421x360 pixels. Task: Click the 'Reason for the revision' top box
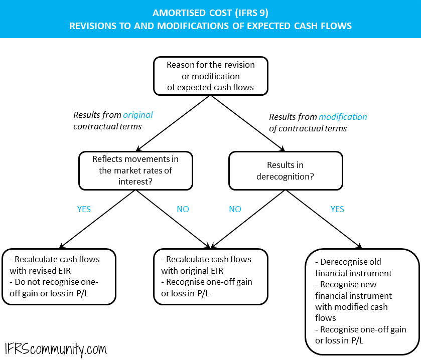point(211,76)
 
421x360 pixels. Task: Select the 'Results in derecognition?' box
point(286,171)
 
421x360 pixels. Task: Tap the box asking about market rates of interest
point(135,170)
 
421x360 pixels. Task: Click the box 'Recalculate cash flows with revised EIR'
point(59,277)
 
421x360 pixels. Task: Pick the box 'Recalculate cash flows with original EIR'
point(211,277)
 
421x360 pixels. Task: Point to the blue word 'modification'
point(343,117)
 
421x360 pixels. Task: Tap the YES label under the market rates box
point(84,209)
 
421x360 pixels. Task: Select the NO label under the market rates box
point(183,209)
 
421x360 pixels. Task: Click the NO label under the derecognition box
point(235,209)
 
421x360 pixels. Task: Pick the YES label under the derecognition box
point(337,209)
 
